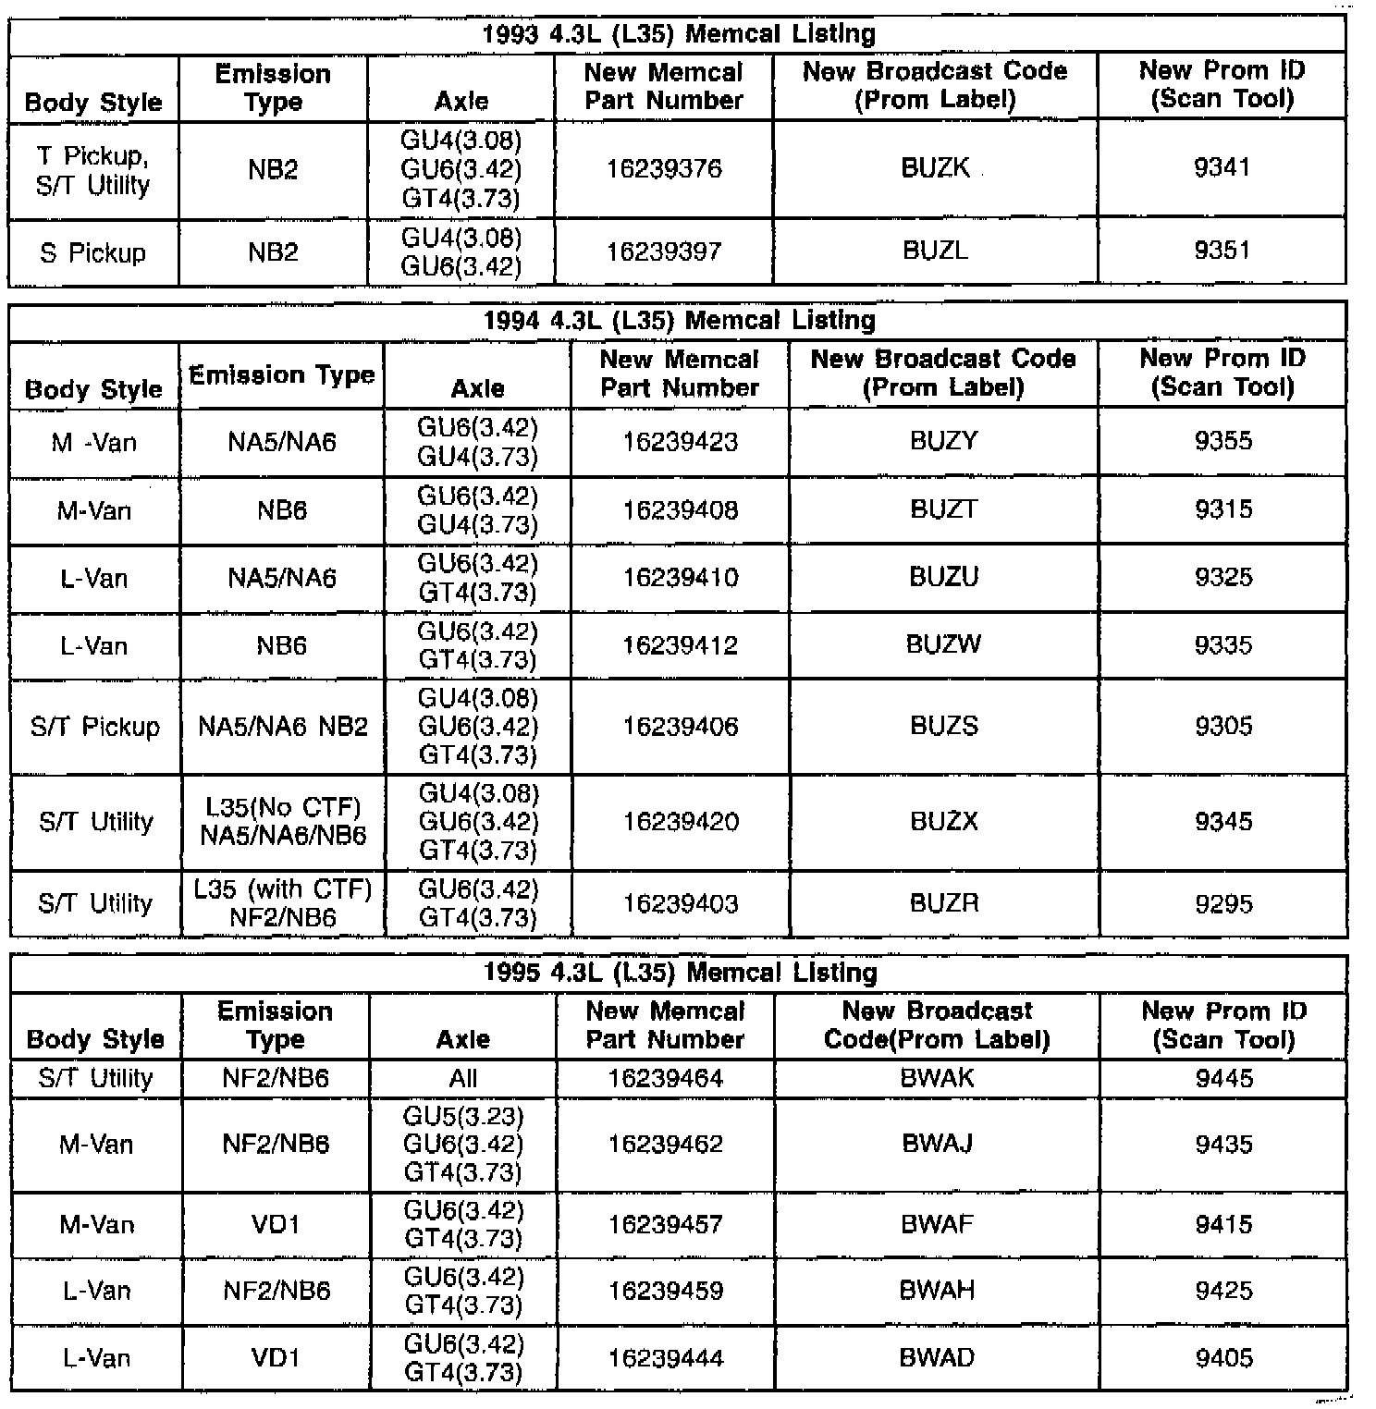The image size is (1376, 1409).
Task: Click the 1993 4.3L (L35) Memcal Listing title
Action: pyautogui.click(x=678, y=35)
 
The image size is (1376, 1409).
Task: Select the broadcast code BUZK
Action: pyautogui.click(x=935, y=168)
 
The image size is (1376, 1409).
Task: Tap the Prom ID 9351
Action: pyautogui.click(x=1222, y=251)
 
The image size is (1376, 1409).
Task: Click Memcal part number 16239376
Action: pyautogui.click(x=664, y=169)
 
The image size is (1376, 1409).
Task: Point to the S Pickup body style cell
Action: pyautogui.click(x=92, y=252)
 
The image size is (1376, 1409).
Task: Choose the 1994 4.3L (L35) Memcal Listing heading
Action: pyautogui.click(x=679, y=321)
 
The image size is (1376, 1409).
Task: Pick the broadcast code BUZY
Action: pyautogui.click(x=943, y=441)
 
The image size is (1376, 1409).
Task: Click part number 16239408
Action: pyautogui.click(x=681, y=510)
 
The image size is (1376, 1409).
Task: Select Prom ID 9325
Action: pyautogui.click(x=1223, y=578)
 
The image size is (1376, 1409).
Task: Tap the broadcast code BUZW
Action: pyautogui.click(x=943, y=644)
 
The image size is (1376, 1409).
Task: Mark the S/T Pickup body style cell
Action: pyautogui.click(x=94, y=727)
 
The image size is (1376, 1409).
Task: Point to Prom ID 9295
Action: pyautogui.click(x=1223, y=903)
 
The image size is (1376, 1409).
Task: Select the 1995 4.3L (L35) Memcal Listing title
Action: pyautogui.click(x=680, y=973)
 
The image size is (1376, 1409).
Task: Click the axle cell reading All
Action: pyautogui.click(x=462, y=1079)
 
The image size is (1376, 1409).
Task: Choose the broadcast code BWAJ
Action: pyautogui.click(x=937, y=1145)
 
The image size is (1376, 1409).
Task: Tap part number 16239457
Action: pyautogui.click(x=666, y=1225)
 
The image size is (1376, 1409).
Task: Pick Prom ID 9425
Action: pyautogui.click(x=1223, y=1292)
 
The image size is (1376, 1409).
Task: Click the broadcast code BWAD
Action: pyautogui.click(x=937, y=1358)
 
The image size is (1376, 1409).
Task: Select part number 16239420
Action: pyautogui.click(x=681, y=822)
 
